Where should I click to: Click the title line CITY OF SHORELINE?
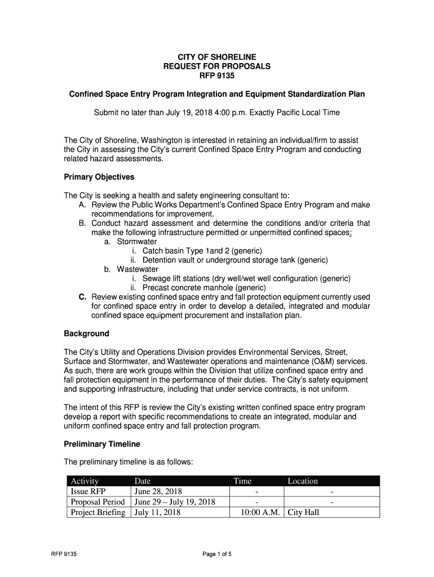pyautogui.click(x=216, y=57)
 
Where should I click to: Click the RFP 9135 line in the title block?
pyautogui.click(x=216, y=75)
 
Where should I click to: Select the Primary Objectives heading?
pyautogui.click(x=99, y=177)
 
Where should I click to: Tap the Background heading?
pyautogui.click(x=86, y=334)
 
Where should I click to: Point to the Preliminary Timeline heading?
pyautogui.click(x=102, y=444)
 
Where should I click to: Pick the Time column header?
pyautogui.click(x=242, y=481)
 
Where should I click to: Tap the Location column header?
pyautogui.click(x=303, y=481)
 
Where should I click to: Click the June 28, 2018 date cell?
pyautogui.click(x=158, y=491)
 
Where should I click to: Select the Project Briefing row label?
pyautogui.click(x=98, y=513)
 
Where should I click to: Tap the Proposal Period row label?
pyautogui.click(x=97, y=502)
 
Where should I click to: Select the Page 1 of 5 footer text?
pyautogui.click(x=217, y=554)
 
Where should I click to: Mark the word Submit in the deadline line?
pyautogui.click(x=107, y=112)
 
